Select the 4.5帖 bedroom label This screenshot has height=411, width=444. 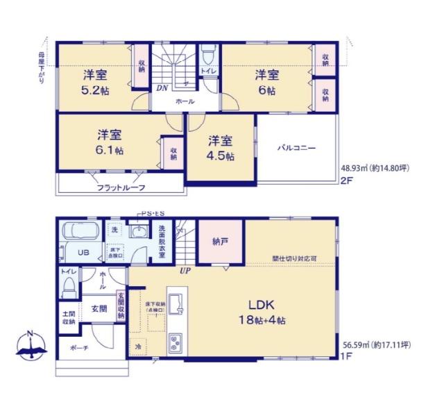point(221,148)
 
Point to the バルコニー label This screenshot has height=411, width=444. point(297,148)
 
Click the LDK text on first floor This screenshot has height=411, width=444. point(263,305)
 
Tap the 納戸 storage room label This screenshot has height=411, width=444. point(221,241)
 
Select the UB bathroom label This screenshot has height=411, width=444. point(83,253)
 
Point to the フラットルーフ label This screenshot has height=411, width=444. point(120,187)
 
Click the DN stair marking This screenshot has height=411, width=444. point(161,87)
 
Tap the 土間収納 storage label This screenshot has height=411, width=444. point(68,317)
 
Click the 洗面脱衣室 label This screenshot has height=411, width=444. point(161,240)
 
